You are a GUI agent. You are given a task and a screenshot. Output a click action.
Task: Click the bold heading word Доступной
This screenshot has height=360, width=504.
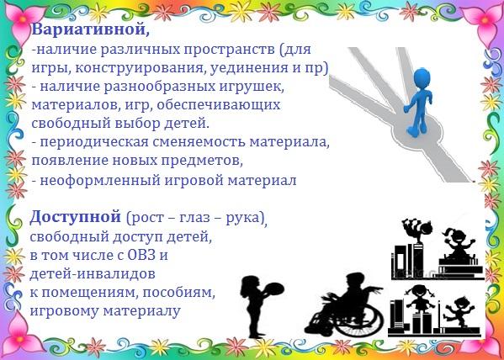coord(76,218)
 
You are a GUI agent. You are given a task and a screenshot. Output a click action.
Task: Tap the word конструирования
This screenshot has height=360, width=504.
coord(141,68)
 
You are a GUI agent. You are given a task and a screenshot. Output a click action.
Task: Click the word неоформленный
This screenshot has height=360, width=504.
coord(99,180)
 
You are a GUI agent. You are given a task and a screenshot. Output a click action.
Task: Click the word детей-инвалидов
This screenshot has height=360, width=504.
coord(93,274)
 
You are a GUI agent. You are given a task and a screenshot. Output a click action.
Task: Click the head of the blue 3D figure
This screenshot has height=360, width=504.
coord(422,77)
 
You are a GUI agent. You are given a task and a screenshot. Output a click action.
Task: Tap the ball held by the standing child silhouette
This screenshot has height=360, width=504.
coord(273,289)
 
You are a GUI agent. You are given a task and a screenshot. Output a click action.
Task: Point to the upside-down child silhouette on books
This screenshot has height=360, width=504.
coord(416,230)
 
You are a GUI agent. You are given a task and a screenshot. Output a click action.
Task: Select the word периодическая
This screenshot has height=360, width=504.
coord(94,142)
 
